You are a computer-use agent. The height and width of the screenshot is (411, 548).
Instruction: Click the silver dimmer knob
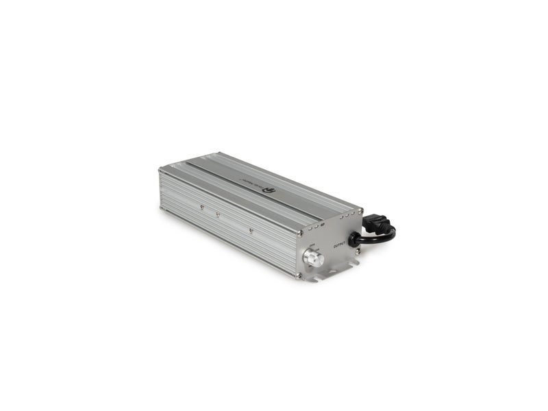pos(313,258)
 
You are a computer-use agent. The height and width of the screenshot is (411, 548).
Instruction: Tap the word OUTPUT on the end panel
pos(339,245)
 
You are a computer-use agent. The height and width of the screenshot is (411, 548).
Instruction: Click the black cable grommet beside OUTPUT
pos(353,240)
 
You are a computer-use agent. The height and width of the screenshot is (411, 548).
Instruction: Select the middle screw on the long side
pos(218,214)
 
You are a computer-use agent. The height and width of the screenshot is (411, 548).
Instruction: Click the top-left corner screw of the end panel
pos(300,233)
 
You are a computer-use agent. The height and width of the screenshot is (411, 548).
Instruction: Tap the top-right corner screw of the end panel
pos(360,211)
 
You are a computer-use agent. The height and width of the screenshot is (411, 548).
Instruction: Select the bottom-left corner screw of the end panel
pos(299,275)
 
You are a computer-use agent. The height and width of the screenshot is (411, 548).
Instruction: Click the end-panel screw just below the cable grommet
pos(358,251)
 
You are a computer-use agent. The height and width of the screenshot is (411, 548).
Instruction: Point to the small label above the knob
pos(312,245)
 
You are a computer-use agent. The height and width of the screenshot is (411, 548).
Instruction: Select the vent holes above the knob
pos(316,227)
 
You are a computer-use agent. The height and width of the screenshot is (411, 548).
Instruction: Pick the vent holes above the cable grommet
pos(347,215)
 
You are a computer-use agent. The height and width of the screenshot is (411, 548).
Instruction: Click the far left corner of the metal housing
pos(160,169)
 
